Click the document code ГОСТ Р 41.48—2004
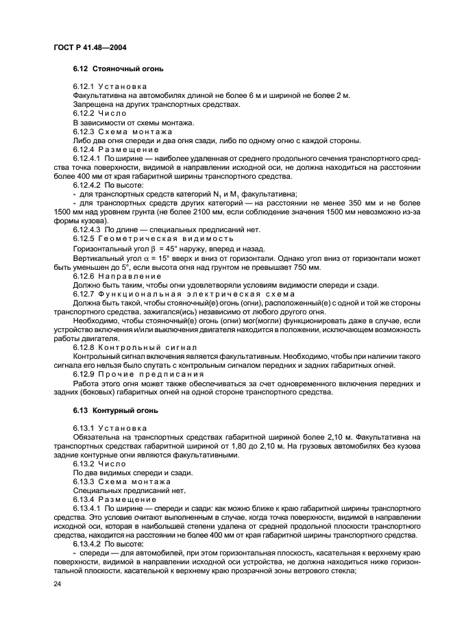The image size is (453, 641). pyautogui.click(x=89, y=47)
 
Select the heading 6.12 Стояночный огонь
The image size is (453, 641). pyautogui.click(x=118, y=69)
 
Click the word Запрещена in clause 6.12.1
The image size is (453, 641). pyautogui.click(x=91, y=105)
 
